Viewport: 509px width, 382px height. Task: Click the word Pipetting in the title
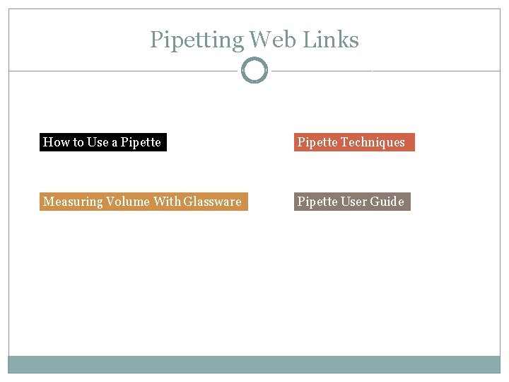click(196, 40)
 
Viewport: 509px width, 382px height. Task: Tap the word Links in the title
click(331, 40)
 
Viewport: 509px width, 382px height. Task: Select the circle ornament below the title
click(255, 71)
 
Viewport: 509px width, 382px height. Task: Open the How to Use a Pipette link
click(103, 142)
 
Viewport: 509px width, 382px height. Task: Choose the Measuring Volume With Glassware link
click(143, 202)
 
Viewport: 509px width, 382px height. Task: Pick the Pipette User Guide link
click(351, 202)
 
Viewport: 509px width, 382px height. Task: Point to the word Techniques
click(373, 142)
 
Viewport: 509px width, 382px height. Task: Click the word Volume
click(128, 202)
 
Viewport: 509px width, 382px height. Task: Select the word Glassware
click(212, 202)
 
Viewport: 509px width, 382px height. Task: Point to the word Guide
click(387, 202)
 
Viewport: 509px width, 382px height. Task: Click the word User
click(354, 202)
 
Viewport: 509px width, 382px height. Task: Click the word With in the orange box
click(167, 202)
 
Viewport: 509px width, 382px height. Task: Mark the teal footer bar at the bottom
click(255, 364)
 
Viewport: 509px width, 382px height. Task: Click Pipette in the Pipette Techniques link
click(317, 142)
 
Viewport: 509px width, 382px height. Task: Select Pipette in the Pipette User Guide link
click(317, 202)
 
